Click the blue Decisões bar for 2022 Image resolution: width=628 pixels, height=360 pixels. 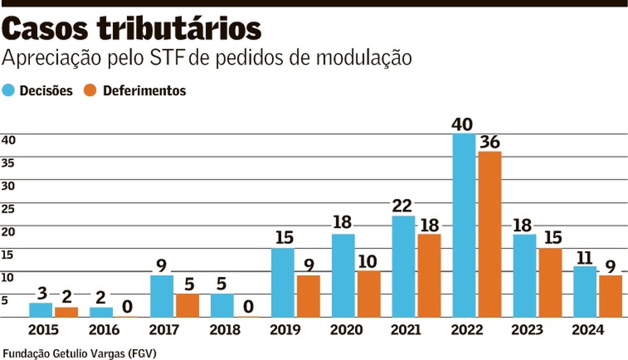click(x=464, y=225)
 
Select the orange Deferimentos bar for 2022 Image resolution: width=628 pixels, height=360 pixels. click(x=489, y=234)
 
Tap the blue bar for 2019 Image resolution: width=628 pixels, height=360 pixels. click(x=283, y=282)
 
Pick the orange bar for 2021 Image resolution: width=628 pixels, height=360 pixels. click(x=428, y=275)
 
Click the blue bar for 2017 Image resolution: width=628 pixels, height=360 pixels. click(x=161, y=296)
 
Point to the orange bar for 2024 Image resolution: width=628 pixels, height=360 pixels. click(x=609, y=296)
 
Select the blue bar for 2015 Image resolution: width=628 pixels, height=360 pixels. click(x=41, y=310)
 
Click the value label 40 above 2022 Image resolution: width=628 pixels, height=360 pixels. click(x=464, y=123)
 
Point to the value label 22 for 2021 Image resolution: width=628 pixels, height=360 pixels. click(x=403, y=206)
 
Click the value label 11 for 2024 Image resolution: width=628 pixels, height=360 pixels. click(x=584, y=257)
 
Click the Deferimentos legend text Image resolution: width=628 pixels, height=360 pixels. click(x=144, y=91)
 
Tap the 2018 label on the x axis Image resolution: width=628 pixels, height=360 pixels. click(x=225, y=330)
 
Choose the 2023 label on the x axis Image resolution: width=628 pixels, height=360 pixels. click(x=527, y=330)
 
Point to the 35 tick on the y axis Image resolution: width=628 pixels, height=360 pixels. click(x=8, y=162)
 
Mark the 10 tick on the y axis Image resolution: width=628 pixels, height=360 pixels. click(x=8, y=278)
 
